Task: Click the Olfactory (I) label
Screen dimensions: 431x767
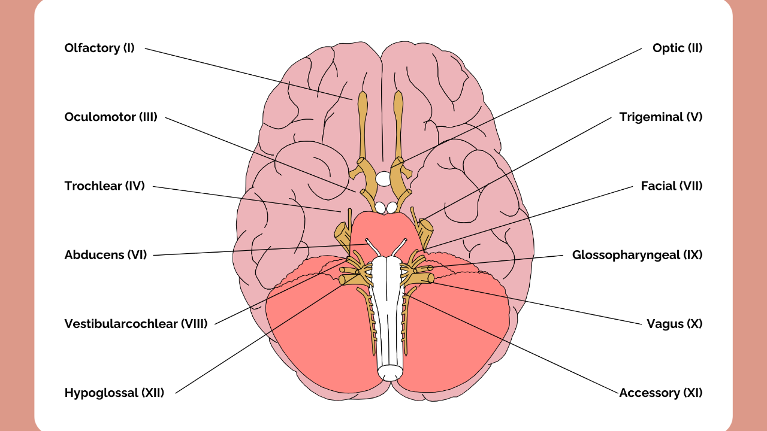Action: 99,48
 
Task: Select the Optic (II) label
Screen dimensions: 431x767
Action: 677,48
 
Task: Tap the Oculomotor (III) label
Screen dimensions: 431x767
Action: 111,117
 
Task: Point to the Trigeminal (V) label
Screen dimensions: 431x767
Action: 660,117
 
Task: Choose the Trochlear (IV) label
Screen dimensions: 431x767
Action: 105,186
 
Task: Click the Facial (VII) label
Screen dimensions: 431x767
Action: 671,186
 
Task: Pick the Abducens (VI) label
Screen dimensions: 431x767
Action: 105,254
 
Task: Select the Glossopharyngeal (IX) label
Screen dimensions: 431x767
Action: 637,254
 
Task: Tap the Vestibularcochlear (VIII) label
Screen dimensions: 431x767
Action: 136,324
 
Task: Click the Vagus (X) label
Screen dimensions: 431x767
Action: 674,324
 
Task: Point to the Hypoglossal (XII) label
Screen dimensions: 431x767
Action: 114,393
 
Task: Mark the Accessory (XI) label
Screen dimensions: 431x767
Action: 660,393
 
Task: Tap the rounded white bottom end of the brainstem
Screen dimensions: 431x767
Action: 390,374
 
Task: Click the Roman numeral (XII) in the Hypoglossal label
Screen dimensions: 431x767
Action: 152,393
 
